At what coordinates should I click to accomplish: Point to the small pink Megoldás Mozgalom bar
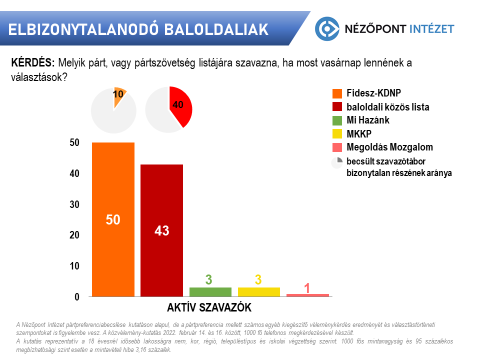click(x=307, y=295)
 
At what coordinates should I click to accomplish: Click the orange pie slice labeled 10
click(x=119, y=96)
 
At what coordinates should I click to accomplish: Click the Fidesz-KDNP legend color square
click(x=337, y=93)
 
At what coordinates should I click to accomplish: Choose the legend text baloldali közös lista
click(x=388, y=107)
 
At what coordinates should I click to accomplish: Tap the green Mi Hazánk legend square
click(x=337, y=120)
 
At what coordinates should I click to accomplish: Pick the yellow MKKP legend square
click(x=337, y=134)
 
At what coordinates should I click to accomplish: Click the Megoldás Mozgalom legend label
click(x=389, y=147)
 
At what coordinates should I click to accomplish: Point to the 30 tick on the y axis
click(x=74, y=204)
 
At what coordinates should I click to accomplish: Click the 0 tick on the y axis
click(x=76, y=297)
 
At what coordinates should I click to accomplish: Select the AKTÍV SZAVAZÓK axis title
click(x=208, y=306)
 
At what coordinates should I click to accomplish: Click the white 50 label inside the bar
click(x=113, y=219)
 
